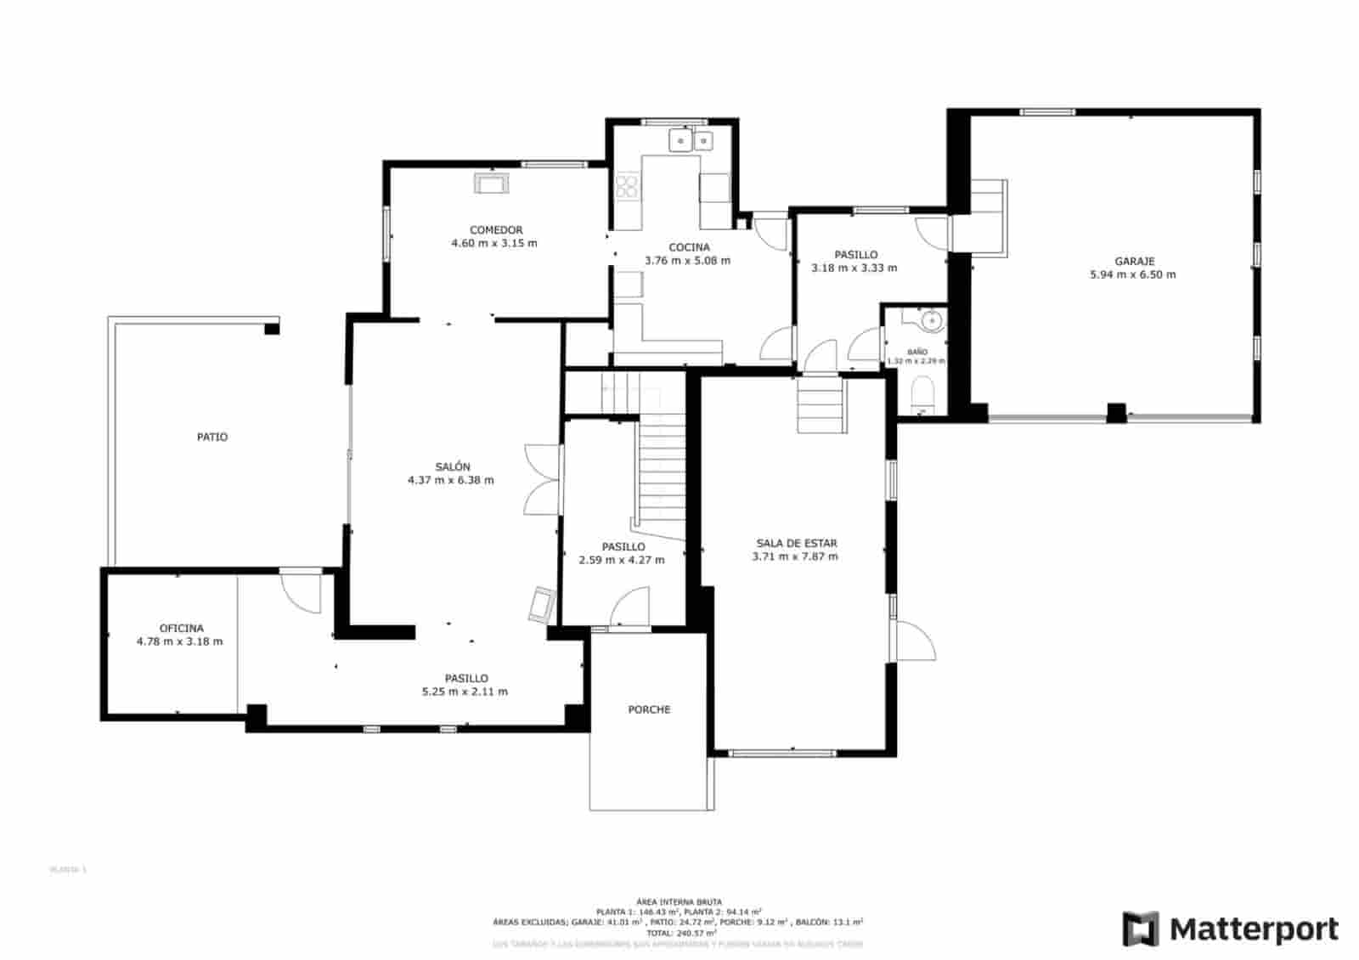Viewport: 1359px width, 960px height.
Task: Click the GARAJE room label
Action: (x=1134, y=262)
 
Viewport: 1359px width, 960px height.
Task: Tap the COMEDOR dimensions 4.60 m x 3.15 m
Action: (x=494, y=243)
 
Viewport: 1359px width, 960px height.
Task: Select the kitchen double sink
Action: (x=691, y=140)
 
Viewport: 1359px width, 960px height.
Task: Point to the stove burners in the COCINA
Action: (x=627, y=186)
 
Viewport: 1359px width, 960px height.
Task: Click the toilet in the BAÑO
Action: (x=922, y=396)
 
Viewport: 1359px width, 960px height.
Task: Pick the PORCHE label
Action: (x=649, y=709)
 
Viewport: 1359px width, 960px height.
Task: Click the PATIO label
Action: (x=212, y=437)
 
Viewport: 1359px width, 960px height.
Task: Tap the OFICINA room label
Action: (x=181, y=629)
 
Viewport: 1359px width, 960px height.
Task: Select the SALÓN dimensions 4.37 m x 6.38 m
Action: (x=450, y=480)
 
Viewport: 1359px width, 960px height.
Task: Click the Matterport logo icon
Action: (x=1140, y=929)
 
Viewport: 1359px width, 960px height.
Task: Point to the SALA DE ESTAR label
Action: (x=796, y=543)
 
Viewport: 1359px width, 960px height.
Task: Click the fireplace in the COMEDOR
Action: (x=492, y=183)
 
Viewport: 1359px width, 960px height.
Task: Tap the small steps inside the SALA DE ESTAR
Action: (x=820, y=406)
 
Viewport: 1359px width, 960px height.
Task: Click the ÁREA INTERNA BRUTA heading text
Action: (x=679, y=901)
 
